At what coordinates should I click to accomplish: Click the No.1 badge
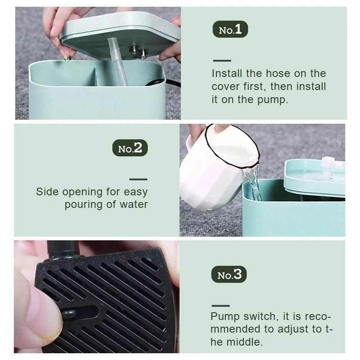pos(230,30)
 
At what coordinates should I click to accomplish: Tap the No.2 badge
pos(130,148)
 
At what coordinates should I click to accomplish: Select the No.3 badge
pos(229,274)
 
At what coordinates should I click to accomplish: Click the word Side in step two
pos(47,192)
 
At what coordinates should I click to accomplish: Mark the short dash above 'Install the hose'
pos(221,60)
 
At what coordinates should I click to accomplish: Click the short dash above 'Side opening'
pos(138,179)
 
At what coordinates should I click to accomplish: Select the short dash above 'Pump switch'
pos(220,305)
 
